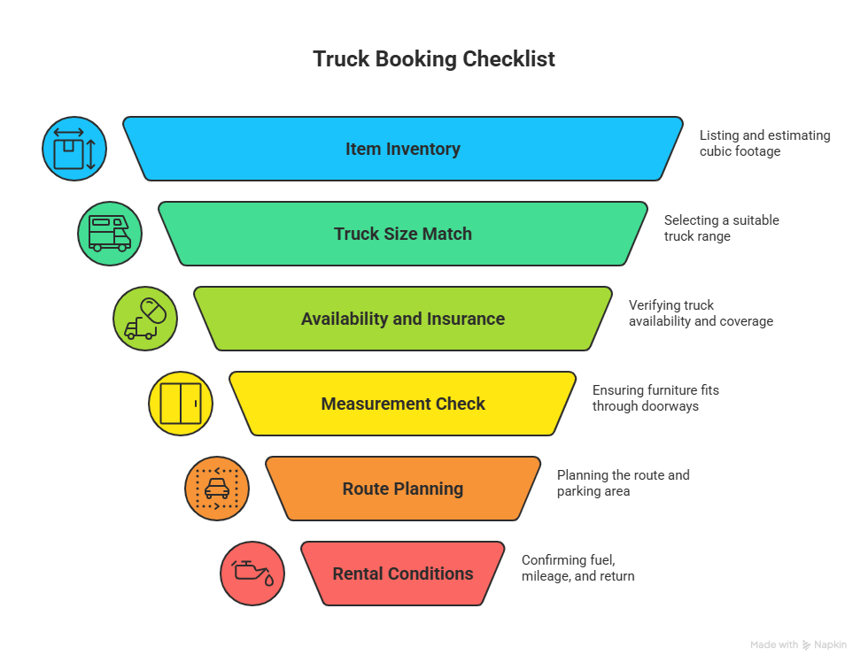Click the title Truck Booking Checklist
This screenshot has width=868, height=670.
[434, 59]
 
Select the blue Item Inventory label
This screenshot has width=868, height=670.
[403, 149]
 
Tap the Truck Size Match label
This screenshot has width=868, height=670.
[403, 234]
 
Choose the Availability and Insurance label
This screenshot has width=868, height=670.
[403, 319]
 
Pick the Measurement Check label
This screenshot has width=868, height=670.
[403, 404]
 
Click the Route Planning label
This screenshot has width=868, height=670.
[403, 489]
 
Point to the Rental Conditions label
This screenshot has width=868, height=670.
[403, 574]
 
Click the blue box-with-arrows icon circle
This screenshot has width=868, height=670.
[74, 149]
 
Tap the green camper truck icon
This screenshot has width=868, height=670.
[110, 234]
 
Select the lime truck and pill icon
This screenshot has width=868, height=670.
[145, 319]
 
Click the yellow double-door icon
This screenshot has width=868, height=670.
[181, 404]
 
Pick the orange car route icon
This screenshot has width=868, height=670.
[217, 489]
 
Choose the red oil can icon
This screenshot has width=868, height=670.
[252, 574]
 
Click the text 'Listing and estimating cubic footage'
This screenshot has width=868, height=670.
[764, 143]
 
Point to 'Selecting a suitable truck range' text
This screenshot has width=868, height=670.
[721, 228]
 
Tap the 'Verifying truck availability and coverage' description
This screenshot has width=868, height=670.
[700, 313]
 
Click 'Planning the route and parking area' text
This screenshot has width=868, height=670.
[623, 483]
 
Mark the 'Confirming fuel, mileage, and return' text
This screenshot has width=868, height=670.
[577, 568]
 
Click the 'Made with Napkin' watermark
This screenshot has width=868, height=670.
[798, 645]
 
